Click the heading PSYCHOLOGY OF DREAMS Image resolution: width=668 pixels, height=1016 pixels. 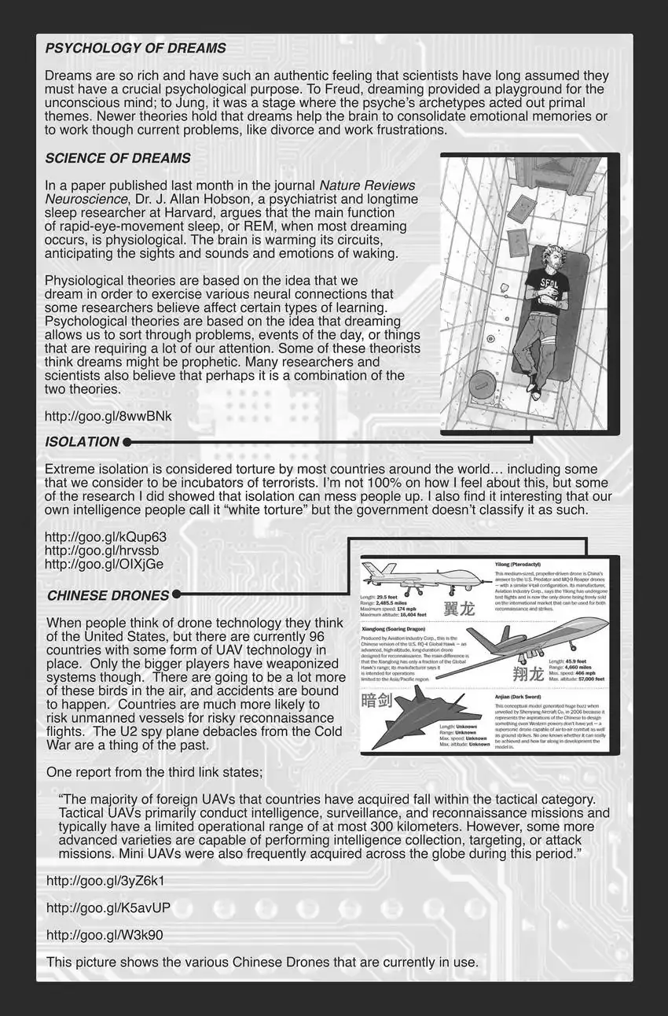(x=135, y=48)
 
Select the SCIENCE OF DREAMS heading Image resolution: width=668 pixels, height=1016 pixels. (x=118, y=158)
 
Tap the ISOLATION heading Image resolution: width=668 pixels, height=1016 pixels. (x=83, y=442)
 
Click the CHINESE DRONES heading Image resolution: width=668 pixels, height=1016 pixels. (x=108, y=595)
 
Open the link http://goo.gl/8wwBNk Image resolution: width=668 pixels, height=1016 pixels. (x=108, y=415)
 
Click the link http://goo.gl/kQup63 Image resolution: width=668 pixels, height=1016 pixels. (x=105, y=537)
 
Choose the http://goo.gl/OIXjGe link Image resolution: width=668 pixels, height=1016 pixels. (x=105, y=564)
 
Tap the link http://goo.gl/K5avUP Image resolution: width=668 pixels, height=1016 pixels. (x=108, y=907)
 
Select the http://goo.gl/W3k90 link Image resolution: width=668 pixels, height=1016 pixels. (x=105, y=935)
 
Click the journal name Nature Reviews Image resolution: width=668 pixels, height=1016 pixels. (x=367, y=186)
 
